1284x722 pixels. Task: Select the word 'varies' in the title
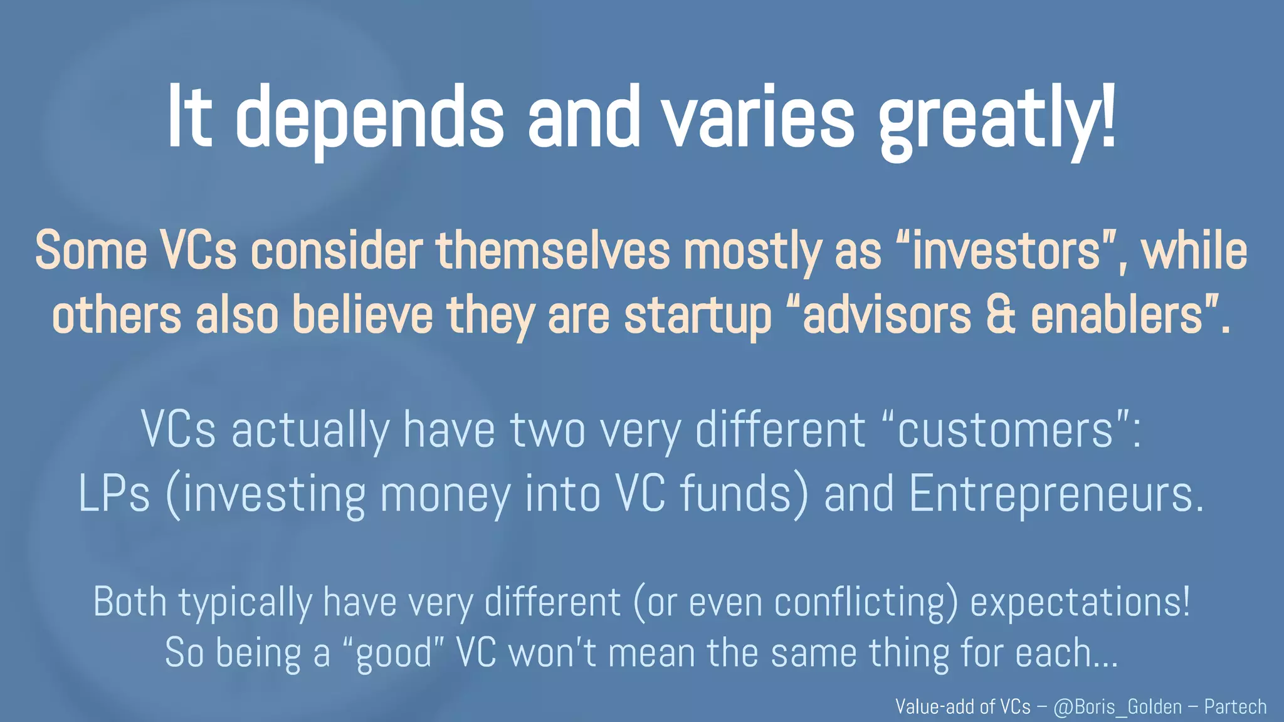pos(759,119)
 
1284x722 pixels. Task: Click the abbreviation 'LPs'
pos(114,494)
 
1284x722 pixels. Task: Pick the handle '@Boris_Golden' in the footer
pos(1117,707)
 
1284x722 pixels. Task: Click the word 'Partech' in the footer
pos(1235,707)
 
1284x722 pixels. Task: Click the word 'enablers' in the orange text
pos(1116,315)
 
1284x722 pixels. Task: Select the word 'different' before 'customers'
pos(781,431)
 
